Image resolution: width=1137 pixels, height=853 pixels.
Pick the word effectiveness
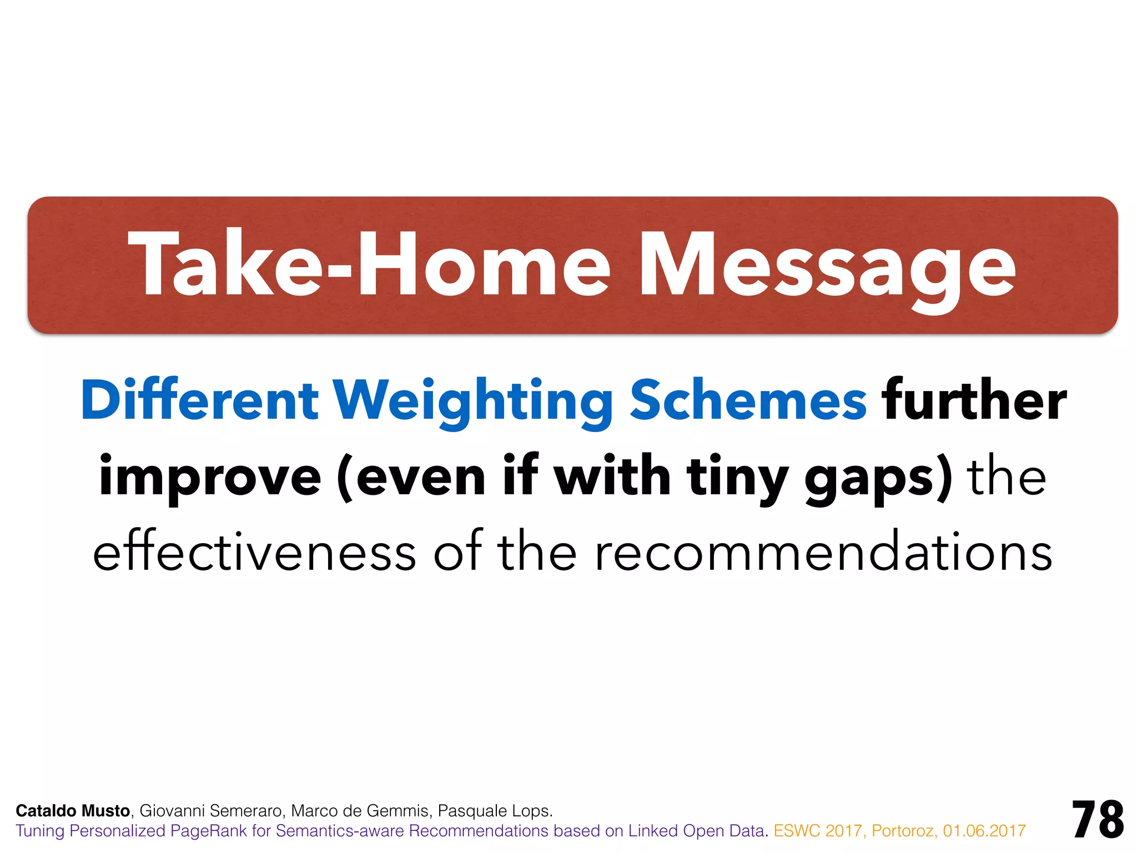254,553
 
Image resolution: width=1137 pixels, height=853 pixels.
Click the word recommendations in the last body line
823,553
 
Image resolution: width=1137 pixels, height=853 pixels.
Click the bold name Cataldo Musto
73,811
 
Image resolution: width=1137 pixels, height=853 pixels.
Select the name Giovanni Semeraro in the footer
212,811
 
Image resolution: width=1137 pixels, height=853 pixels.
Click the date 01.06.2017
984,831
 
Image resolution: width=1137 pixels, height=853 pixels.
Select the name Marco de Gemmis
360,811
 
